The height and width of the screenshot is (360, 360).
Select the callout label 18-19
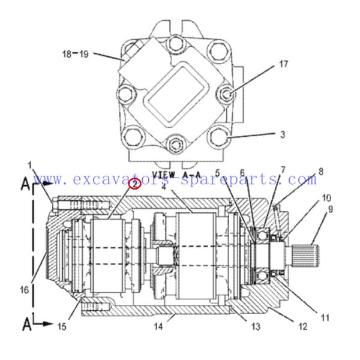pyautogui.click(x=76, y=54)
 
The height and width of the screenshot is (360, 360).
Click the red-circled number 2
pyautogui.click(x=136, y=184)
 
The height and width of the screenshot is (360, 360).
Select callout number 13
pyautogui.click(x=256, y=326)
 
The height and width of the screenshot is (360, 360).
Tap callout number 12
pyautogui.click(x=302, y=328)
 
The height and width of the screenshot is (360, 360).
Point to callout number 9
pyautogui.click(x=329, y=209)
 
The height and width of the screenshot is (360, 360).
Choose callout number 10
pyautogui.click(x=326, y=197)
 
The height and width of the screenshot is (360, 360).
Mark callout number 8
pyautogui.click(x=321, y=172)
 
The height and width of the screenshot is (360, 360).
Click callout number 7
pyautogui.click(x=283, y=171)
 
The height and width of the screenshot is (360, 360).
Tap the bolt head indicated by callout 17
pyautogui.click(x=226, y=92)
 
